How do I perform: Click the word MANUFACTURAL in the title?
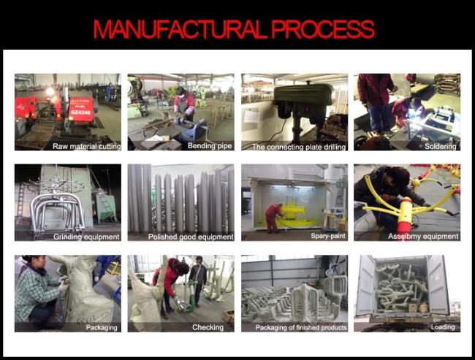pos(180,30)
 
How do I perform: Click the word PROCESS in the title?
pos(323,30)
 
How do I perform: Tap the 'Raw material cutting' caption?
pos(87,147)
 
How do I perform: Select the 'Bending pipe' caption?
pos(210,146)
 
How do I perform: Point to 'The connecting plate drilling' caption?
pos(299,148)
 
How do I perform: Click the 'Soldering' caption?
pos(440,147)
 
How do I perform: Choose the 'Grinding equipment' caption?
pos(87,237)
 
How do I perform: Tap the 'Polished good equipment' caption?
pos(191,237)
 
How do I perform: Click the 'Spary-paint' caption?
pos(328,236)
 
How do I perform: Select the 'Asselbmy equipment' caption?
pos(423,236)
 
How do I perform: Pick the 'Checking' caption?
pos(208,327)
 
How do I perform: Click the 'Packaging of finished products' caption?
pos(301,328)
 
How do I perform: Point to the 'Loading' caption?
pos(443,327)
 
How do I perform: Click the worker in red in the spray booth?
pos(273,218)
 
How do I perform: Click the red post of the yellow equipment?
pos(406,212)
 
